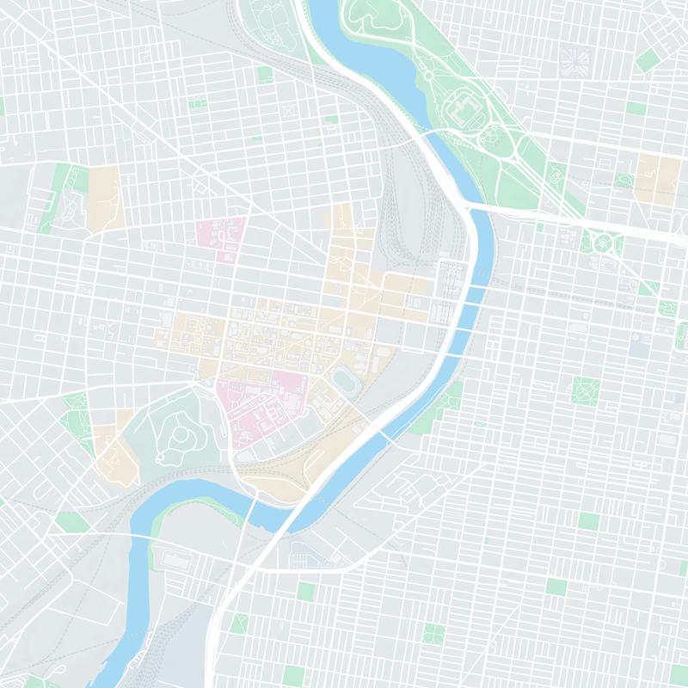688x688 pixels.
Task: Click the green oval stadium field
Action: [346, 379]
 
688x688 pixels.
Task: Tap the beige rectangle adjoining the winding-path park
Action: [103, 198]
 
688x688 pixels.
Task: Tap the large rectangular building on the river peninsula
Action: [176, 560]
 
